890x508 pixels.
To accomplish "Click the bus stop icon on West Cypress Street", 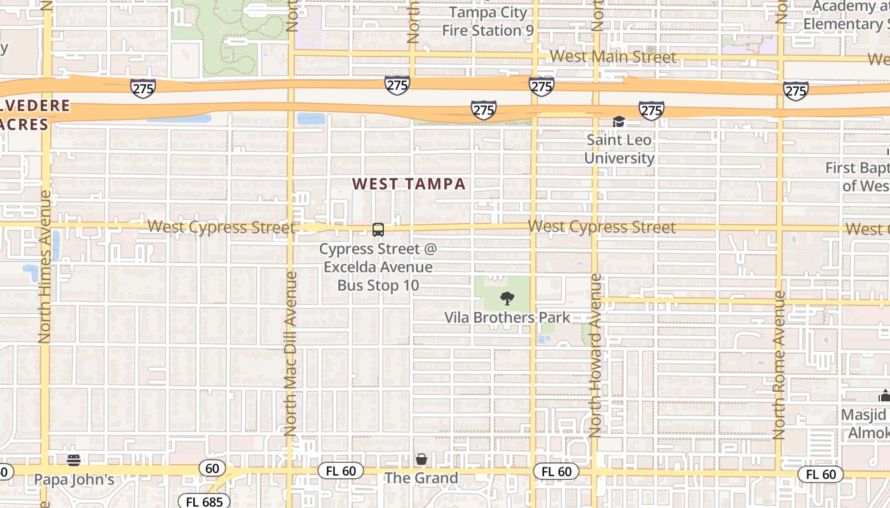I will (x=378, y=229).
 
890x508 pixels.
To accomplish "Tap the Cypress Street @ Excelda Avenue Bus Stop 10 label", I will (x=378, y=267).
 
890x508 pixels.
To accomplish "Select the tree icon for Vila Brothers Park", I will (x=507, y=298).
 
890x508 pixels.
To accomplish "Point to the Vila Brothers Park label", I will (x=507, y=317).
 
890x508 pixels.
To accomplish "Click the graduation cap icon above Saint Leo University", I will (x=619, y=121).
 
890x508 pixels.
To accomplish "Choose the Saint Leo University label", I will (x=619, y=149).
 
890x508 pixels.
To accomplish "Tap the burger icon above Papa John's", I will (x=74, y=460).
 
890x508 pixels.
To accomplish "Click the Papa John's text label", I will (x=74, y=479).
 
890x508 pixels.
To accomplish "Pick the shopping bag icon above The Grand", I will (x=421, y=458).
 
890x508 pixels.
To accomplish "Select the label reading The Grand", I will (x=421, y=478).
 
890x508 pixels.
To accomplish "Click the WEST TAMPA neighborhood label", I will (x=409, y=184).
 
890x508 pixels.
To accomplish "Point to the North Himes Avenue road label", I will (x=44, y=267).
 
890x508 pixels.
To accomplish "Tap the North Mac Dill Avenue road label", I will (x=291, y=353).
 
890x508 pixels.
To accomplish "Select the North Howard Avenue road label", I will (x=596, y=356).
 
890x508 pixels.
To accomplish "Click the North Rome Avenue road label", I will (x=779, y=365).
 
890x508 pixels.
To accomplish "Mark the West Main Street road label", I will (x=613, y=57).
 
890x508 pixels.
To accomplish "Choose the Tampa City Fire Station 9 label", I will (x=488, y=22).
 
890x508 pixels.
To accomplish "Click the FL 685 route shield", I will (x=204, y=502).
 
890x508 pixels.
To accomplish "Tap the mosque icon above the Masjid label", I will (x=884, y=396).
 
